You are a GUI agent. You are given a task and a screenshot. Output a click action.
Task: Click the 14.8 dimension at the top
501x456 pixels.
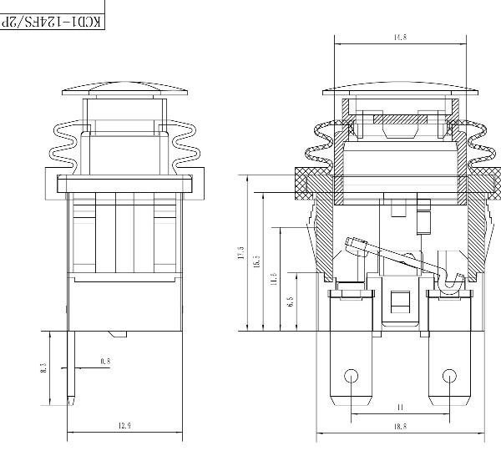point(400,38)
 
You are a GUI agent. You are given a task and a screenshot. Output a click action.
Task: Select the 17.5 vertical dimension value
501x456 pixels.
point(241,253)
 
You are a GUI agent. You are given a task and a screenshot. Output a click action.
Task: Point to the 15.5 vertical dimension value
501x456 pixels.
point(257,261)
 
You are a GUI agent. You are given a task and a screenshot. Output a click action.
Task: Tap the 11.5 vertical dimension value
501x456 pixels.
point(273,278)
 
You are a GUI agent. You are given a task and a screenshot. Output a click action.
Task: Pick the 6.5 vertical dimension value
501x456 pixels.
point(290,299)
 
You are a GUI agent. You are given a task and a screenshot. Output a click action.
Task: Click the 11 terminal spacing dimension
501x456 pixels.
point(401,408)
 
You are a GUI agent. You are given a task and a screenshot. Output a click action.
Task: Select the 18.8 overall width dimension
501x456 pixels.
point(400,427)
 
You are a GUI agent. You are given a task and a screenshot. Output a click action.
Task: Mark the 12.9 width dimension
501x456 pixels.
point(124,427)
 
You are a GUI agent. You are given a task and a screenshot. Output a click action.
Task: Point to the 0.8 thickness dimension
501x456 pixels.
point(104,361)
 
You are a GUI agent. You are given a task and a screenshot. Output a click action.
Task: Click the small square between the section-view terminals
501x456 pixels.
point(401,301)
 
